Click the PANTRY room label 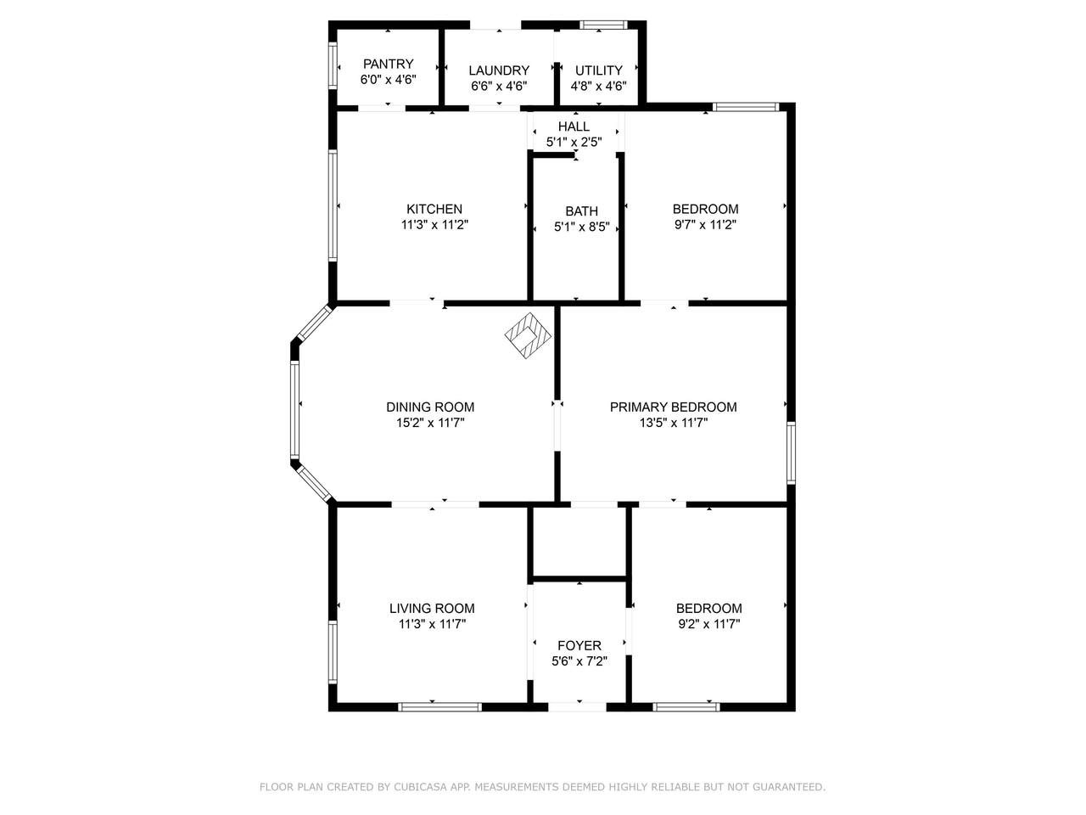pos(388,64)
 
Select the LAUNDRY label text pos(499,70)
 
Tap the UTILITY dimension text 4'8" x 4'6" pos(598,86)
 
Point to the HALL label pos(574,126)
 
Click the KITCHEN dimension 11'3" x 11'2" pos(434,225)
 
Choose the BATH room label pos(581,211)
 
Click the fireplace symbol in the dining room pos(528,335)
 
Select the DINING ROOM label pos(430,407)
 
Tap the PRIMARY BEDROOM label pos(673,407)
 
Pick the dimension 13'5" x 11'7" pos(673,423)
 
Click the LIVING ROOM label pos(432,608)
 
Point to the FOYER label pos(579,645)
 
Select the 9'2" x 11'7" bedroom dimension pos(708,624)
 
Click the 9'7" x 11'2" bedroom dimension pos(705,225)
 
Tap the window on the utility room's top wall pos(603,25)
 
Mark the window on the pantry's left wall pos(333,66)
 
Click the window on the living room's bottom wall pos(439,707)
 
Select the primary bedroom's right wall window pos(791,452)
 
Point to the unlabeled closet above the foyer pos(579,542)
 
